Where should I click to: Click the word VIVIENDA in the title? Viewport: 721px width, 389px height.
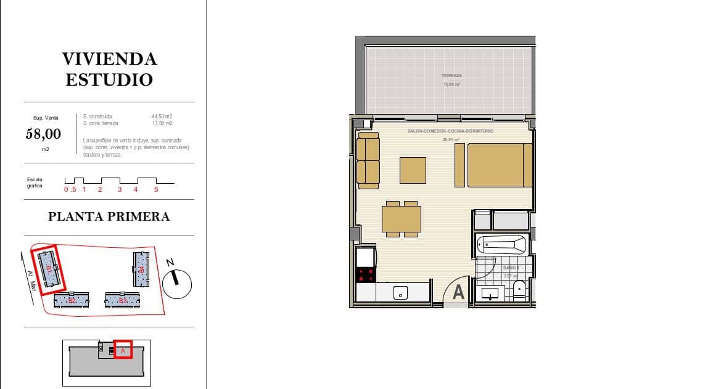click(109, 59)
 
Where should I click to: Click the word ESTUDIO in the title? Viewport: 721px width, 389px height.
click(109, 80)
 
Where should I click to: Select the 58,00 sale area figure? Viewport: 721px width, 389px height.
click(43, 133)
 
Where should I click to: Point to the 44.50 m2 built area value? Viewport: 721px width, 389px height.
click(162, 116)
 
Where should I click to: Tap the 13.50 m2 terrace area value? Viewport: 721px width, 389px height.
click(162, 123)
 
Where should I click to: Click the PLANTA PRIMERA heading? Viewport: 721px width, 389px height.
click(109, 216)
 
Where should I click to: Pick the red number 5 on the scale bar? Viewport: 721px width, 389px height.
click(156, 189)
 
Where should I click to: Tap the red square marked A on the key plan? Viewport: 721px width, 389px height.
click(123, 349)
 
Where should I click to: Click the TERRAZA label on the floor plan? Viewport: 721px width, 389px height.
click(451, 76)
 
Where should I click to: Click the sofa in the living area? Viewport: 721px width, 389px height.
click(368, 160)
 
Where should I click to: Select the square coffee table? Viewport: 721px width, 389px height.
click(413, 170)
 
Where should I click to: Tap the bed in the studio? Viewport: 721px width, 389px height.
click(500, 165)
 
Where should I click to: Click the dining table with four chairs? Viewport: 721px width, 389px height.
click(401, 218)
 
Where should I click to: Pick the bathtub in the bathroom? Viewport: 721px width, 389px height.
click(503, 244)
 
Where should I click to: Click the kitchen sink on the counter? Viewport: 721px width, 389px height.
click(400, 292)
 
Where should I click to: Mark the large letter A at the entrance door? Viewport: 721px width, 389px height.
click(458, 292)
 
